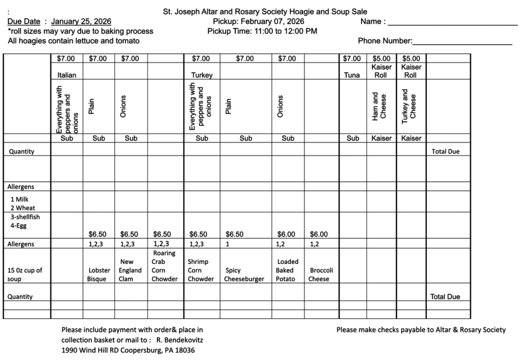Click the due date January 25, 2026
point(81,22)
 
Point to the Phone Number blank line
point(463,43)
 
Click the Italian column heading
point(67,76)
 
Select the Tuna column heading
point(352,76)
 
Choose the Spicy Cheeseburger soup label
point(245,275)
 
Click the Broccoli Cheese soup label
point(321,275)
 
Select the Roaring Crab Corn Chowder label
point(165,266)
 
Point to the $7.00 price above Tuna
point(352,59)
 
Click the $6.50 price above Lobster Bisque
point(97,235)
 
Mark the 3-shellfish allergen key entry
point(22,217)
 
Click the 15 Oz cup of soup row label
point(25,275)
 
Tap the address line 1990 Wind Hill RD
point(128,350)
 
